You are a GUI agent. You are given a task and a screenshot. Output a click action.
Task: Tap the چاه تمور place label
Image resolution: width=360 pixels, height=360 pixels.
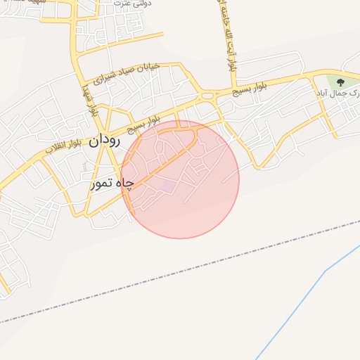tap(113, 184)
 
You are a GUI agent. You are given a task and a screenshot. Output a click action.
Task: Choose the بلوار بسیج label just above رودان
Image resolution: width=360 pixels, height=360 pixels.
tap(143, 124)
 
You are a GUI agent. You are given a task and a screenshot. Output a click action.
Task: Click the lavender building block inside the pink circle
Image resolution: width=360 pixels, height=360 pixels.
tap(166, 185)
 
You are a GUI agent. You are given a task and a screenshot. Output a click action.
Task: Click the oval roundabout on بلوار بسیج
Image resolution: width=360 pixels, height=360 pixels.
tap(206, 95)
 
